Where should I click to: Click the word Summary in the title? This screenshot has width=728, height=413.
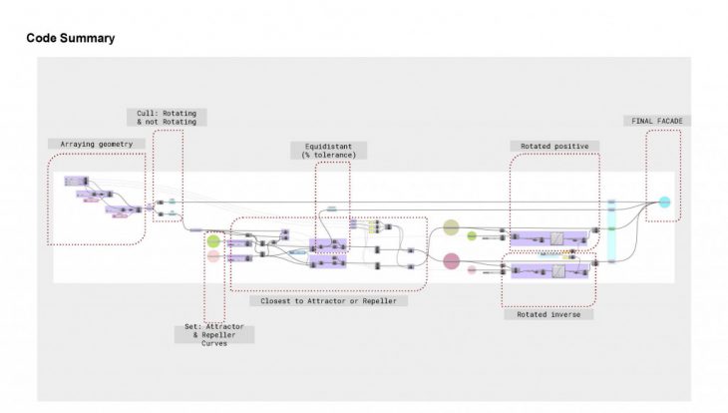click(x=87, y=38)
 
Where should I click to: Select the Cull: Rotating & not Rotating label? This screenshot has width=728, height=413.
click(x=166, y=117)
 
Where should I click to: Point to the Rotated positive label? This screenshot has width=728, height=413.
click(x=553, y=146)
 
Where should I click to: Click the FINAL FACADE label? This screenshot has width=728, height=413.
click(x=658, y=121)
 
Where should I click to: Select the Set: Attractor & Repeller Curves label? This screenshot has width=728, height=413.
click(x=214, y=334)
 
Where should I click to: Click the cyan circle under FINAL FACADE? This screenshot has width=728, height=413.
click(x=664, y=203)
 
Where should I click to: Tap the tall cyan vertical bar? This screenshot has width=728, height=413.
click(x=612, y=231)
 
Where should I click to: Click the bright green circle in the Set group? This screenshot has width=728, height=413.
click(x=213, y=240)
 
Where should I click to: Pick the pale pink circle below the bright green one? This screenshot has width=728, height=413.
click(x=213, y=257)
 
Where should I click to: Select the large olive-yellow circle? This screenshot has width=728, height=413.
click(x=451, y=228)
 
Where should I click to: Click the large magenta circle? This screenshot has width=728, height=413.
click(x=451, y=262)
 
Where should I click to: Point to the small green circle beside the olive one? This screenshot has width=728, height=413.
click(x=472, y=236)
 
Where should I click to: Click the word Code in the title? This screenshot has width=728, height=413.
click(x=41, y=38)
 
